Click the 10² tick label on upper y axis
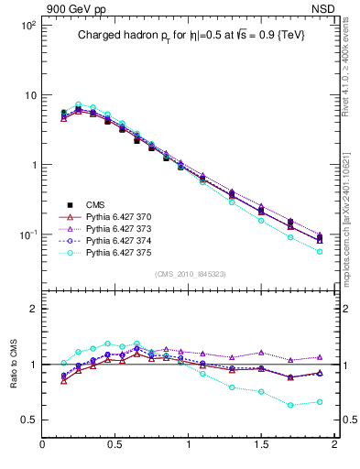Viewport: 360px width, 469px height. (x=28, y=26)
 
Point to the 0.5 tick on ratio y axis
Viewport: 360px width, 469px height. (x=27, y=420)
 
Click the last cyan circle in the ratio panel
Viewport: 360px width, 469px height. (x=319, y=402)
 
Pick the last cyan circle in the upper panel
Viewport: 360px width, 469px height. (x=319, y=251)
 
